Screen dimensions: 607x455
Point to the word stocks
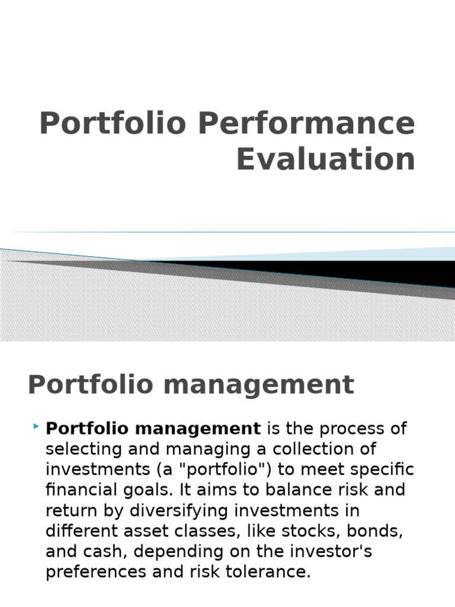click(322, 531)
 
